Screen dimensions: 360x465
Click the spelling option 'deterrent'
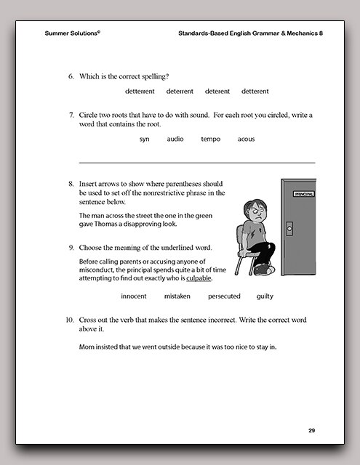[x=180, y=92]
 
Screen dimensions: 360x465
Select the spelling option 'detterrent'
[x=140, y=92]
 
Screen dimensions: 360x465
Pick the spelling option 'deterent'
[x=217, y=92]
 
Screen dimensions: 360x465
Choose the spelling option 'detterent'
[x=255, y=92]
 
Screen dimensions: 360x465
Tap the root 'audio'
[x=175, y=139]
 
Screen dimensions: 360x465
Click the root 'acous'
[x=246, y=139]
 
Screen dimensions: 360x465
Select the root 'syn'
[x=145, y=139]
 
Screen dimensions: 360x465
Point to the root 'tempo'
[x=211, y=139]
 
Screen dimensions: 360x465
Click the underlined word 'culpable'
[x=199, y=278]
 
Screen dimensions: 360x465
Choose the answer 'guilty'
[x=265, y=296]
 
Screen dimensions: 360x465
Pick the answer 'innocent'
[x=134, y=296]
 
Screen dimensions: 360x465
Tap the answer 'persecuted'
[x=224, y=296]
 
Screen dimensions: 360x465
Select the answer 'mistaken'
[x=177, y=296]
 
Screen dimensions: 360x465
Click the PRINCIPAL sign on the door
[x=304, y=194]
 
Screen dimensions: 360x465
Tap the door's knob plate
[x=289, y=229]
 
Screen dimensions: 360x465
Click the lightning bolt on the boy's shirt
[x=252, y=235]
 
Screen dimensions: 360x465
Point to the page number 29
[x=311, y=431]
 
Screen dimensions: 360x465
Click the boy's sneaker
[x=264, y=270]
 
